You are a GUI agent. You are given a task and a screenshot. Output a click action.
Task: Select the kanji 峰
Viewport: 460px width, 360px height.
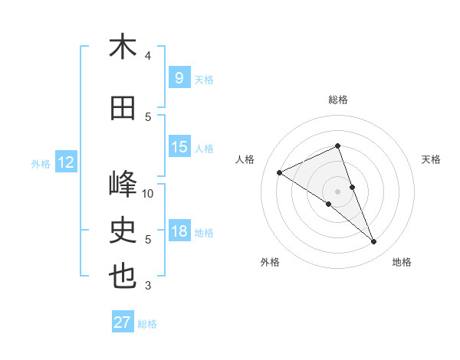pos(123,185)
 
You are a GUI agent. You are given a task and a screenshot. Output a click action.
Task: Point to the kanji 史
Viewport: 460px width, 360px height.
pos(123,231)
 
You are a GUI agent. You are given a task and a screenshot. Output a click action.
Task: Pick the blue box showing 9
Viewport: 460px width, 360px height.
pos(179,78)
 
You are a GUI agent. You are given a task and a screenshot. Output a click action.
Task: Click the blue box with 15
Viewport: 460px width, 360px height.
pos(179,147)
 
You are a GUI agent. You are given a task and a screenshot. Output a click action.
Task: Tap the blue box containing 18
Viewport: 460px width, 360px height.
pos(179,231)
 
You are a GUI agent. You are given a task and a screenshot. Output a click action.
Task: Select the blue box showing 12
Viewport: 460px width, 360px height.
pos(66,162)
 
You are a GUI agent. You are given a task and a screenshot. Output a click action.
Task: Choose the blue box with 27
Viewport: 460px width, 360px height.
pos(123,322)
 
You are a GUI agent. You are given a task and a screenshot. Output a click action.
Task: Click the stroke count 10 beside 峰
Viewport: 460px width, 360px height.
pos(149,193)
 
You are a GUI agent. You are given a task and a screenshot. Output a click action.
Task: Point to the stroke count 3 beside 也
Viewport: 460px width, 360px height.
pos(148,286)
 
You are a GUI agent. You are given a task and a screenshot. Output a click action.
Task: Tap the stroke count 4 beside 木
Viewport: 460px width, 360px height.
pos(148,55)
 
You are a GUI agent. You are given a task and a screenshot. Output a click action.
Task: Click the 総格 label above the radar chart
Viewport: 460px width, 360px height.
pos(338,100)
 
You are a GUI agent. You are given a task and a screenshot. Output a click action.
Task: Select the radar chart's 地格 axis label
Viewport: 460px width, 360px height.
pos(402,262)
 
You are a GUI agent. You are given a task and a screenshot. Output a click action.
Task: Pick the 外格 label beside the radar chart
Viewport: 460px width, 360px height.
pos(270,262)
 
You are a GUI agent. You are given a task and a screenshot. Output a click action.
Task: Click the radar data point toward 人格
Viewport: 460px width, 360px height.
pos(280,173)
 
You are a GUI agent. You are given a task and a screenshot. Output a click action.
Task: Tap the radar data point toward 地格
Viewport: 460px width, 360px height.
pos(374,242)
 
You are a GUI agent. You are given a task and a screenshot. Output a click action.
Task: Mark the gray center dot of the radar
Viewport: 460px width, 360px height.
pos(337,191)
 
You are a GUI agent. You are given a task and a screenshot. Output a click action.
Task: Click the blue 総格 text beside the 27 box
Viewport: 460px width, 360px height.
pos(147,324)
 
